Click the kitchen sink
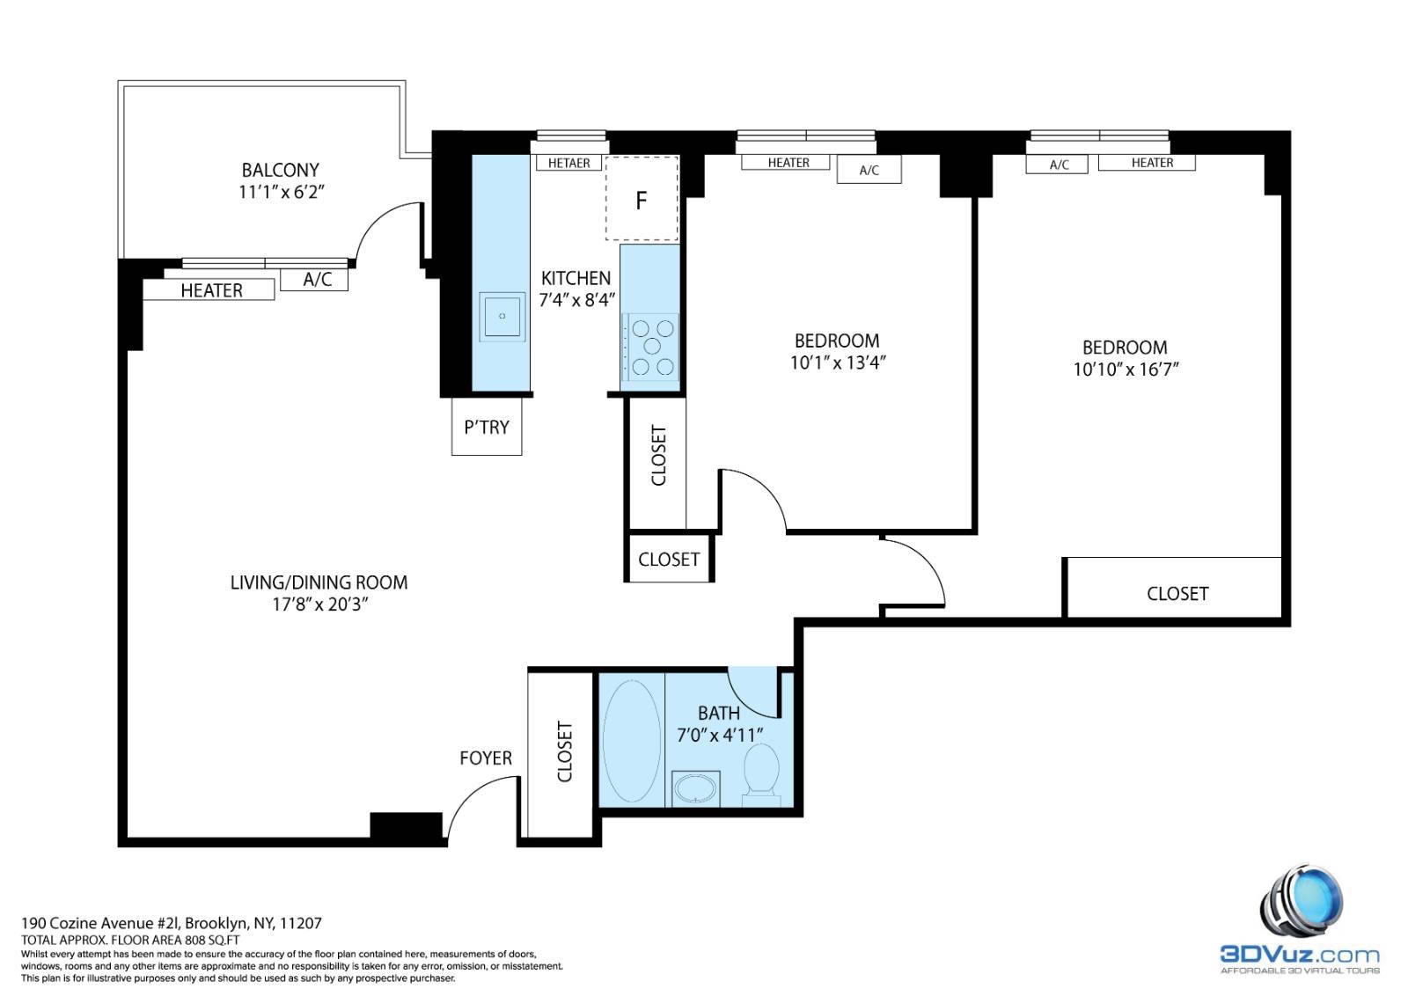click(x=502, y=316)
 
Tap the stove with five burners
click(x=651, y=347)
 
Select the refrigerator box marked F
click(x=642, y=199)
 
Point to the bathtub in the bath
click(x=632, y=740)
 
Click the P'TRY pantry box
click(x=487, y=427)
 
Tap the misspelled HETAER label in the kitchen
click(x=568, y=164)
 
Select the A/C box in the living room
click(x=314, y=280)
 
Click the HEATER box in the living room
click(x=209, y=289)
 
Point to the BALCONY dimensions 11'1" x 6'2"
click(x=281, y=193)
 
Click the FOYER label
click(x=485, y=758)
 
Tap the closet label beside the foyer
click(x=564, y=751)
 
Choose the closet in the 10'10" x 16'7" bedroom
click(x=1174, y=588)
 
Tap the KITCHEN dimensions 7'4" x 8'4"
click(x=576, y=300)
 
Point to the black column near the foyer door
click(x=406, y=825)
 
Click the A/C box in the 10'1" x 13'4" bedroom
click(x=869, y=170)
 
